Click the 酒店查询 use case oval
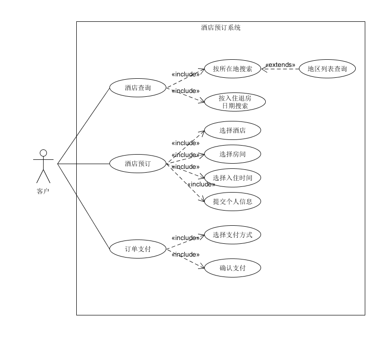[x=138, y=88]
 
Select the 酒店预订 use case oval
[x=138, y=164]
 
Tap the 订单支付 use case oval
[x=138, y=249]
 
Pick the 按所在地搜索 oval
[x=232, y=69]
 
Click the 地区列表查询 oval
[x=327, y=69]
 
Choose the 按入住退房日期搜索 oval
[x=235, y=102]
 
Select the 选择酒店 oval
[x=232, y=130]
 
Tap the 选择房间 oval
[x=232, y=154]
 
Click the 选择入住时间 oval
[x=232, y=178]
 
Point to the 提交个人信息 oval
[x=232, y=202]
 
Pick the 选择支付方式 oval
[x=232, y=235]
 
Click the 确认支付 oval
[x=232, y=268]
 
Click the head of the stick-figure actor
[x=43, y=153]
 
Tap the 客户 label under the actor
[x=43, y=192]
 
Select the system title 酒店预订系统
[x=221, y=28]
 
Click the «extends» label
[x=280, y=65]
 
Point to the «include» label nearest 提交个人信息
[x=201, y=185]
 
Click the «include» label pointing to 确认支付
[x=185, y=255]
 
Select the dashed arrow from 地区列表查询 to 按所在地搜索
[x=280, y=69]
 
